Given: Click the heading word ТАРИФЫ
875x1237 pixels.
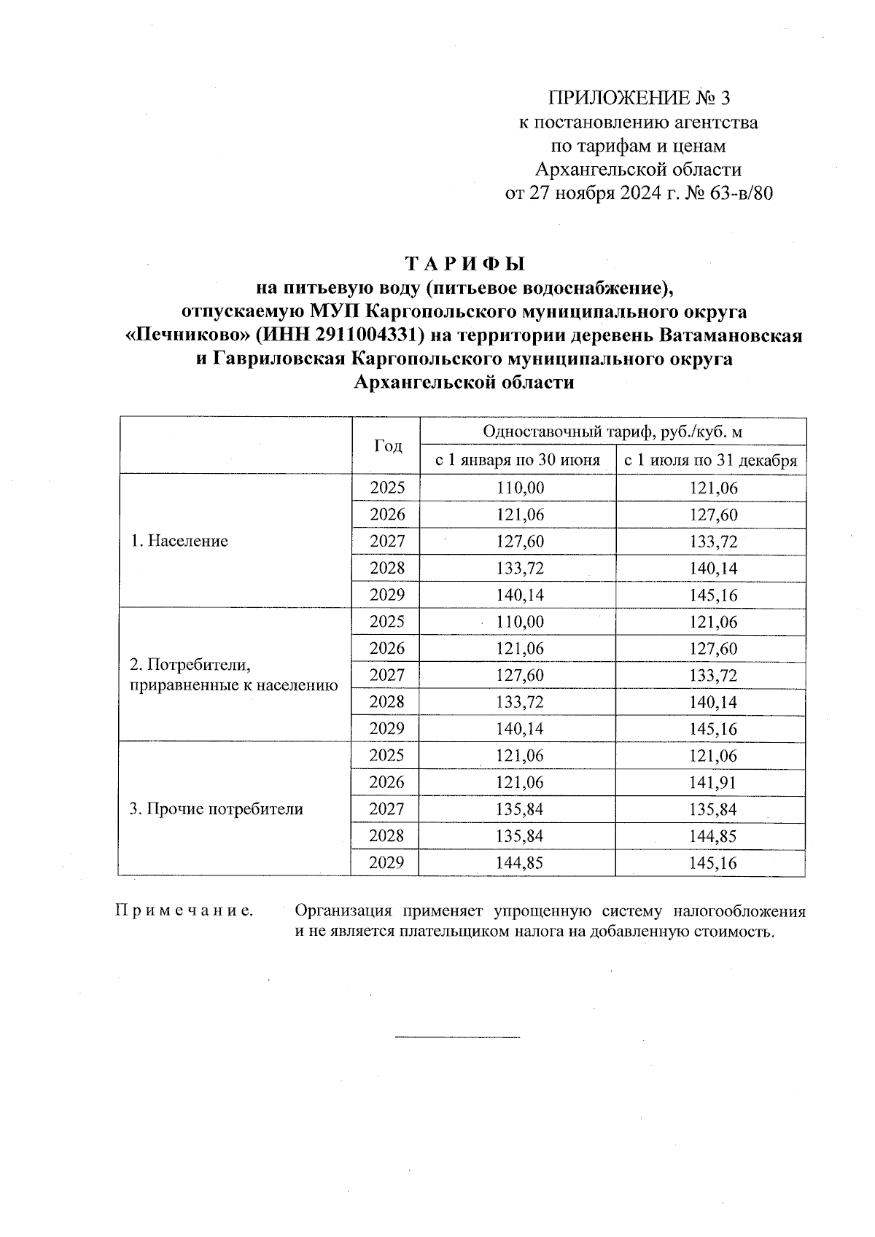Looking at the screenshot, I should (464, 263).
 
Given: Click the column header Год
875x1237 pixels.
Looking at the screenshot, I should (387, 446).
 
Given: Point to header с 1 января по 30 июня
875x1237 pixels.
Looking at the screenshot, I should (518, 461).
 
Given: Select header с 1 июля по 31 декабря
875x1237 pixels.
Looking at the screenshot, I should (710, 461).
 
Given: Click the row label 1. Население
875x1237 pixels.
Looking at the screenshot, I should (179, 541).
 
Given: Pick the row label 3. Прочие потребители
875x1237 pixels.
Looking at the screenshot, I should (216, 809).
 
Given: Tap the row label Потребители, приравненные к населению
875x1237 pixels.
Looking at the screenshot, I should (233, 675).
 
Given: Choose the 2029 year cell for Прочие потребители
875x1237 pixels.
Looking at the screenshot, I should (387, 863).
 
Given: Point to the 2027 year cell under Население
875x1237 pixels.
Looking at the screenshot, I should (387, 542).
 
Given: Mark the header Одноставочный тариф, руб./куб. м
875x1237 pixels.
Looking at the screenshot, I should (612, 432).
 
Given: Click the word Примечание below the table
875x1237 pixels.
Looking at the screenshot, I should (184, 911).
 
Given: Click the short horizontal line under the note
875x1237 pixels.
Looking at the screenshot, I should (457, 1037).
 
